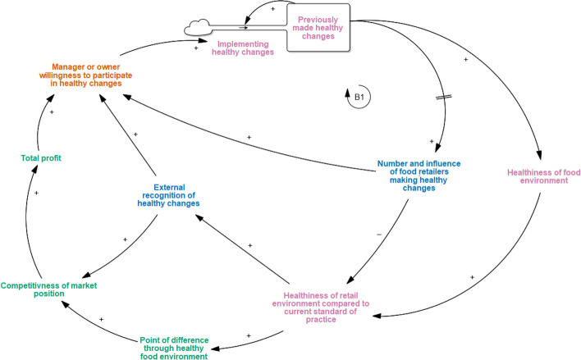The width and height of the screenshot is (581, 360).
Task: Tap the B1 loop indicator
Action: pos(355,100)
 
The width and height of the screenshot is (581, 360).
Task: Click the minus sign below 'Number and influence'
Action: pos(379,235)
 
